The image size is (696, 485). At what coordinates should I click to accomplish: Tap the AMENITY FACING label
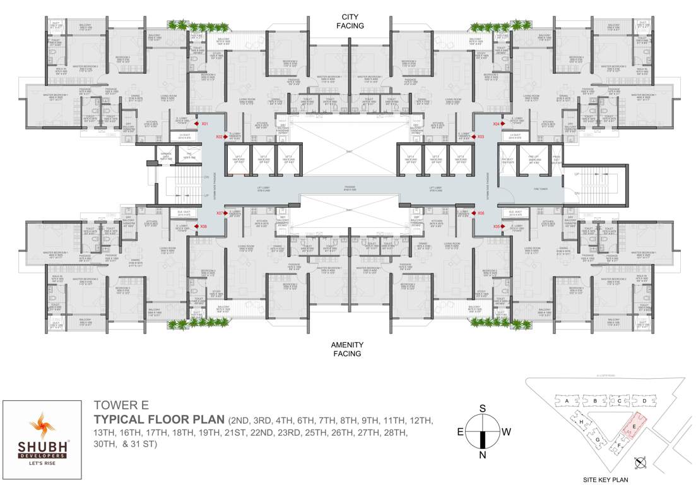click(x=347, y=349)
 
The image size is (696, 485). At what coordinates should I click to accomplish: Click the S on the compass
click(x=483, y=409)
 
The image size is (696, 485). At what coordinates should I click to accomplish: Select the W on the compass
click(x=506, y=432)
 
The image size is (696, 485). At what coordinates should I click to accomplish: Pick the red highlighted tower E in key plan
click(x=634, y=426)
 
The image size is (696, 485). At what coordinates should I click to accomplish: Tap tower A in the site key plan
click(x=568, y=401)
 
